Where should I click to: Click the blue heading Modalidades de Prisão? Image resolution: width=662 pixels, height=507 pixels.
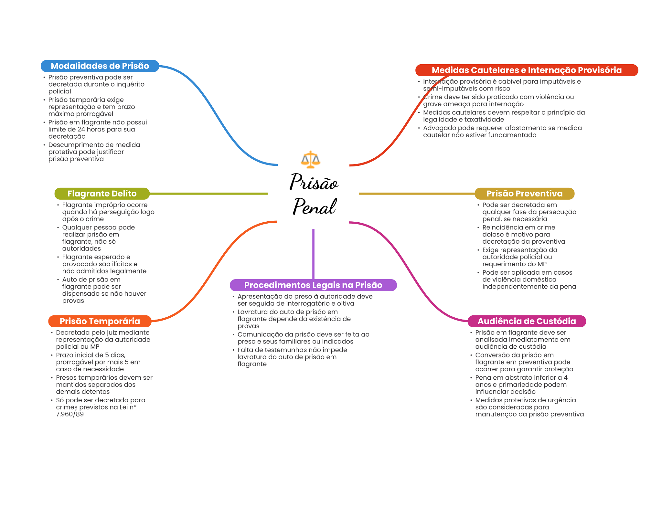(x=100, y=66)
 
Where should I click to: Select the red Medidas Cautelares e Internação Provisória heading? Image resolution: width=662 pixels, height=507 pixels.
(x=526, y=70)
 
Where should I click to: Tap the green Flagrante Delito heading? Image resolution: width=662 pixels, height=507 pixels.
(x=102, y=194)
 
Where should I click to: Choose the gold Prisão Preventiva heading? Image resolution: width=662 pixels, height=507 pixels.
(x=524, y=194)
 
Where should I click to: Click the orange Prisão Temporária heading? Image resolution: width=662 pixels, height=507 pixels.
(x=100, y=321)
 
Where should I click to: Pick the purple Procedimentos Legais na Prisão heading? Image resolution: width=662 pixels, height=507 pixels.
(x=313, y=285)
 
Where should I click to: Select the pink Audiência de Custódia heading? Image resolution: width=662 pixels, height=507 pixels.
(x=527, y=321)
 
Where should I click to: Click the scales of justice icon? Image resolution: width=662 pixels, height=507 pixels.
(x=310, y=159)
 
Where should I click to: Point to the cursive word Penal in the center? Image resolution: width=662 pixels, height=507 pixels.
(x=315, y=206)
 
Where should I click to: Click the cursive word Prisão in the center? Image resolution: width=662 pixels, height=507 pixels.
(x=314, y=182)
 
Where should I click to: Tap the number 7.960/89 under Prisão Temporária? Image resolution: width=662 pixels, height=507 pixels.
(x=70, y=414)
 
